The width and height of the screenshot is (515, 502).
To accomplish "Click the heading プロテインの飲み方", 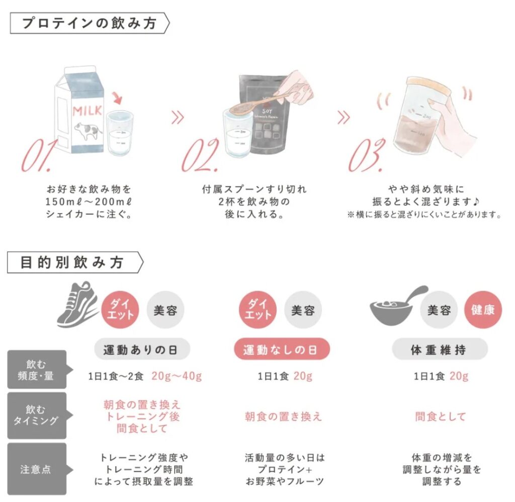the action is pos(89,23).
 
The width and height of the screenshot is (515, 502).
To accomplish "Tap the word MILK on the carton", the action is pos(87,111).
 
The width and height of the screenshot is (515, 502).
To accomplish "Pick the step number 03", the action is pos(366,155).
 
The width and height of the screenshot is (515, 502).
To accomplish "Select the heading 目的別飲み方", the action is pos(72,262).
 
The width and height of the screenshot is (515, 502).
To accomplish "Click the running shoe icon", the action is pos(77,305).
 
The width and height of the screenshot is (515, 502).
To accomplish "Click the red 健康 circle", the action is pos(483,310).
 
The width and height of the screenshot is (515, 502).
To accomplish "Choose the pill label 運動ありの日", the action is pos(142,349).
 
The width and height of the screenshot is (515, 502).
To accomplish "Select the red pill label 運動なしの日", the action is pos(282,349).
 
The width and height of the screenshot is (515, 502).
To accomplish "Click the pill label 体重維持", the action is pos(440,349).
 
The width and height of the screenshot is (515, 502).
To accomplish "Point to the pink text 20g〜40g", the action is pos(177,376).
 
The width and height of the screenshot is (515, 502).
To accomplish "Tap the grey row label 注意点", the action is pos(37,469).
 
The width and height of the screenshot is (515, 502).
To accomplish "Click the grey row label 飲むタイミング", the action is pos(37,415).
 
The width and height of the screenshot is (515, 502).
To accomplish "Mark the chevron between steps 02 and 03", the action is pos(344,117).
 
